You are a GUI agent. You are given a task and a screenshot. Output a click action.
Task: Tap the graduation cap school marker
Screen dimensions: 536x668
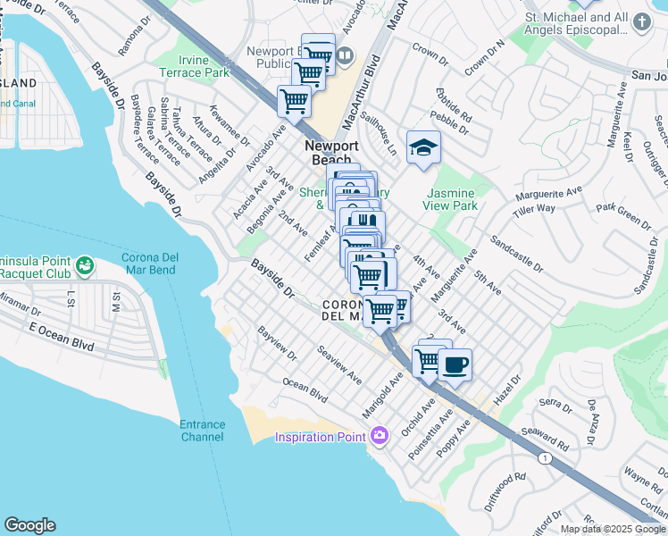pyautogui.click(x=423, y=148)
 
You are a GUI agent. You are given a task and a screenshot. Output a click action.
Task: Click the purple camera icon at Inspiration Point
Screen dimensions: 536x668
pyautogui.click(x=380, y=436)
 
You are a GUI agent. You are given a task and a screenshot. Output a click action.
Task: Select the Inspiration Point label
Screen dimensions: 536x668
pyautogui.click(x=320, y=437)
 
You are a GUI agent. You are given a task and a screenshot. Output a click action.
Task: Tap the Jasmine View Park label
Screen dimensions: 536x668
pyautogui.click(x=452, y=199)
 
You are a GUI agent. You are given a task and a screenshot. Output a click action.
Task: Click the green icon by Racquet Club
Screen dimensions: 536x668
pyautogui.click(x=84, y=264)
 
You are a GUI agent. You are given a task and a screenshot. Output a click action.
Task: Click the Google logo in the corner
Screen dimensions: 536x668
pyautogui.click(x=29, y=525)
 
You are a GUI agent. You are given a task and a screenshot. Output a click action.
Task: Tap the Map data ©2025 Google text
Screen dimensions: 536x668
pyautogui.click(x=613, y=529)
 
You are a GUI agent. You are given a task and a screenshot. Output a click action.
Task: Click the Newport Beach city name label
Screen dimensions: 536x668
pyautogui.click(x=331, y=153)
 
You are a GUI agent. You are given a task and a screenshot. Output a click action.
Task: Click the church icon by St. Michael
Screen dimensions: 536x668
pyautogui.click(x=641, y=20)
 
